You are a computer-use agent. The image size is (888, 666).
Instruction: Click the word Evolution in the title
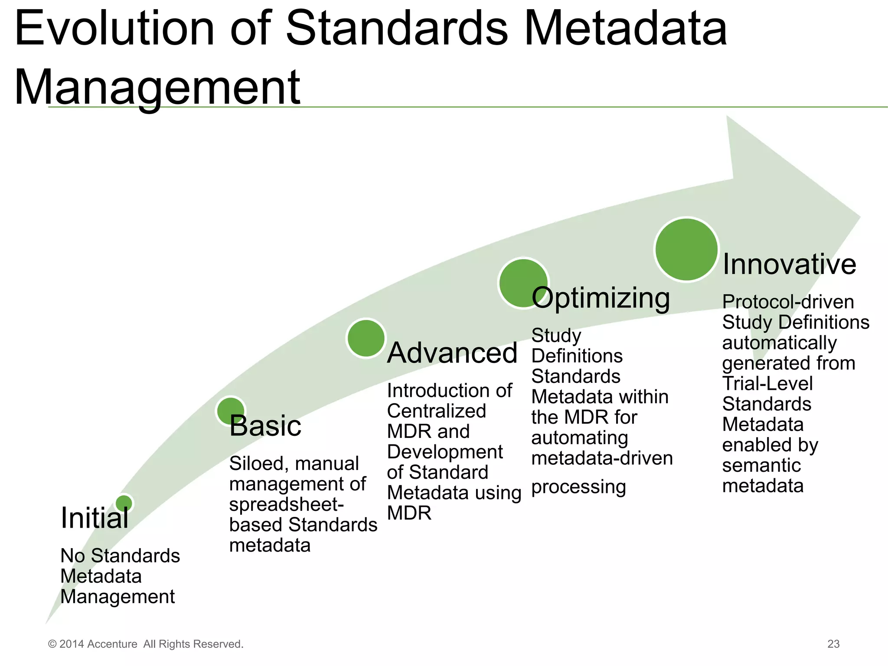click(115, 29)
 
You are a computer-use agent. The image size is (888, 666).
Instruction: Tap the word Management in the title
click(157, 88)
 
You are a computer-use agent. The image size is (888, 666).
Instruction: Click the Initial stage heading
click(95, 518)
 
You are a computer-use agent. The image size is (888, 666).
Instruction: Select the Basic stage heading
click(265, 426)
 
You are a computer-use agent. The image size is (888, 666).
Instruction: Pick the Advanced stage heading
click(452, 353)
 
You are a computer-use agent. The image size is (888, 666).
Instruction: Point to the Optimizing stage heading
click(601, 298)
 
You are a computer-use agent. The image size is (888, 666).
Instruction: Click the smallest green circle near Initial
click(124, 503)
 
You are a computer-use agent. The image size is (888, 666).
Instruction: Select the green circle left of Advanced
click(366, 338)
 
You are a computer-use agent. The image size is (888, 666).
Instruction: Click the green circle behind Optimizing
click(523, 283)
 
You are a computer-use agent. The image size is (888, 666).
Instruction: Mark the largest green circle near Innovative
click(686, 249)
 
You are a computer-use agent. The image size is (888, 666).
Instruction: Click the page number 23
click(833, 644)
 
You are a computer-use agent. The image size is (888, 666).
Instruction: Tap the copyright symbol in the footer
click(52, 644)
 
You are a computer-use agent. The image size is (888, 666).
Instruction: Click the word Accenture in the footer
click(112, 644)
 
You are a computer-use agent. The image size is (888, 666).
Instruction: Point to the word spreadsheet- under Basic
click(286, 505)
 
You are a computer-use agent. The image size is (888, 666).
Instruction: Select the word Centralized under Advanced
click(436, 411)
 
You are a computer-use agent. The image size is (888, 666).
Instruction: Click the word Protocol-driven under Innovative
click(788, 302)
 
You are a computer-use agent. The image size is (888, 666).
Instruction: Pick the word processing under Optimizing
click(578, 487)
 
